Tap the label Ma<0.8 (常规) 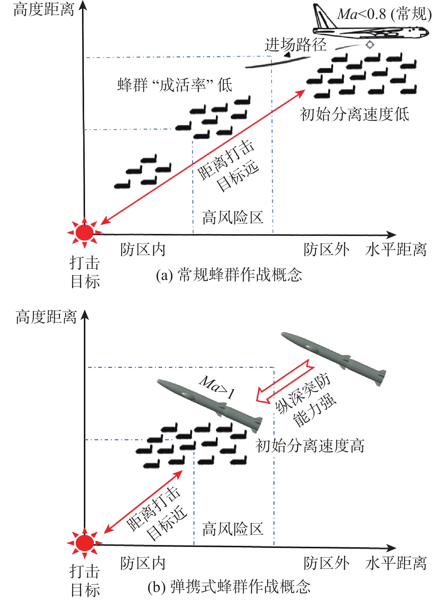tap(384, 14)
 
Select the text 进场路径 tap(295, 45)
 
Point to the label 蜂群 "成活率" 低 tap(175, 85)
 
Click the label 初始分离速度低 tap(355, 114)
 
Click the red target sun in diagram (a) tap(84, 232)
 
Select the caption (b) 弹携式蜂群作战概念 tap(229, 586)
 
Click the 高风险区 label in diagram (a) tap(233, 217)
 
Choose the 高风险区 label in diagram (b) tap(233, 529)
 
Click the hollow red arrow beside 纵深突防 tap(285, 381)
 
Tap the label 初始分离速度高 tap(310, 446)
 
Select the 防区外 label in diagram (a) tap(327, 250)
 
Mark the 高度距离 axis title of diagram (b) tap(46, 317)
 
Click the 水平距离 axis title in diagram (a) tap(396, 250)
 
